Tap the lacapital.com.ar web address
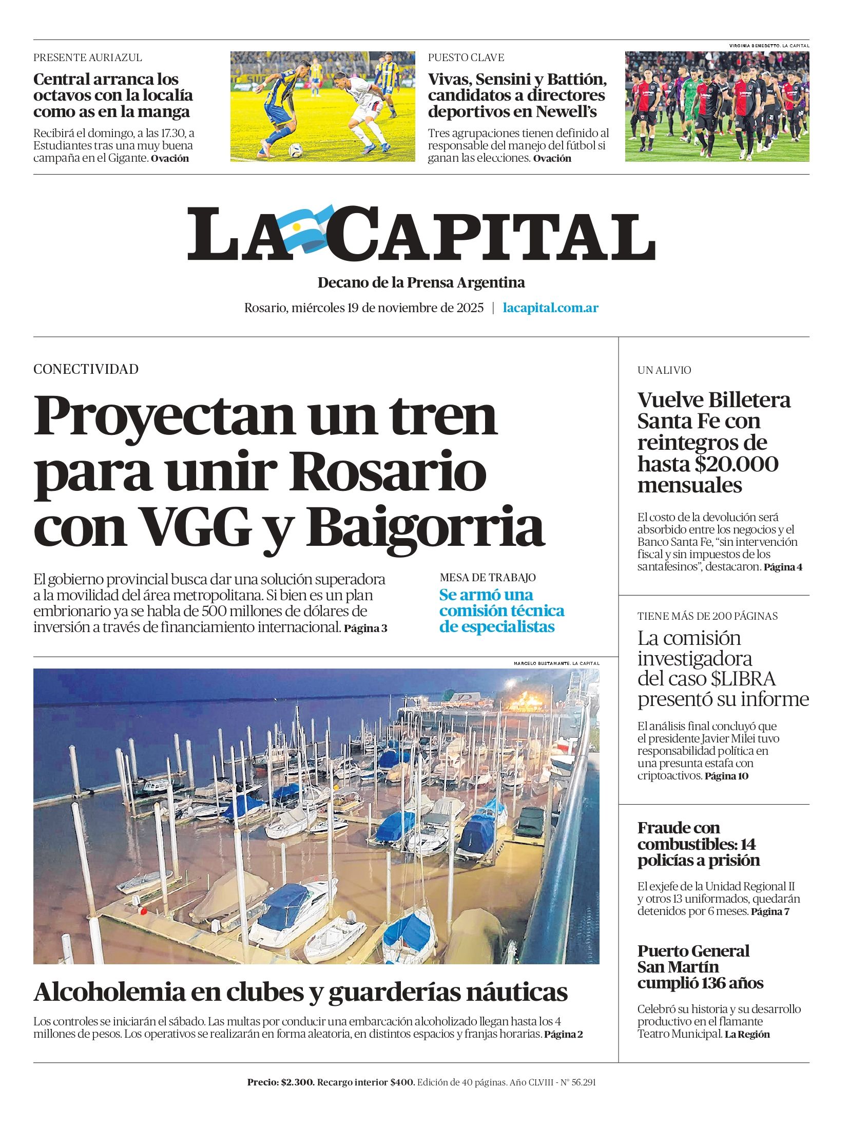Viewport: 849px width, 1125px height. pos(550,308)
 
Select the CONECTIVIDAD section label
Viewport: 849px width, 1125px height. pos(86,369)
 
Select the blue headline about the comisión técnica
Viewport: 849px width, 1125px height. pos(501,611)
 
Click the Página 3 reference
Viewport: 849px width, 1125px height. pos(365,628)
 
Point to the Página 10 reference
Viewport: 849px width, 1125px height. pos(726,776)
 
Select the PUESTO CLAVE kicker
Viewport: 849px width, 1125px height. pos(466,58)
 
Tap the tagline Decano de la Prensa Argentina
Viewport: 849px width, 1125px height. pos(421,282)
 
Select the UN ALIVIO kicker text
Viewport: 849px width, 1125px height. pos(664,370)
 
